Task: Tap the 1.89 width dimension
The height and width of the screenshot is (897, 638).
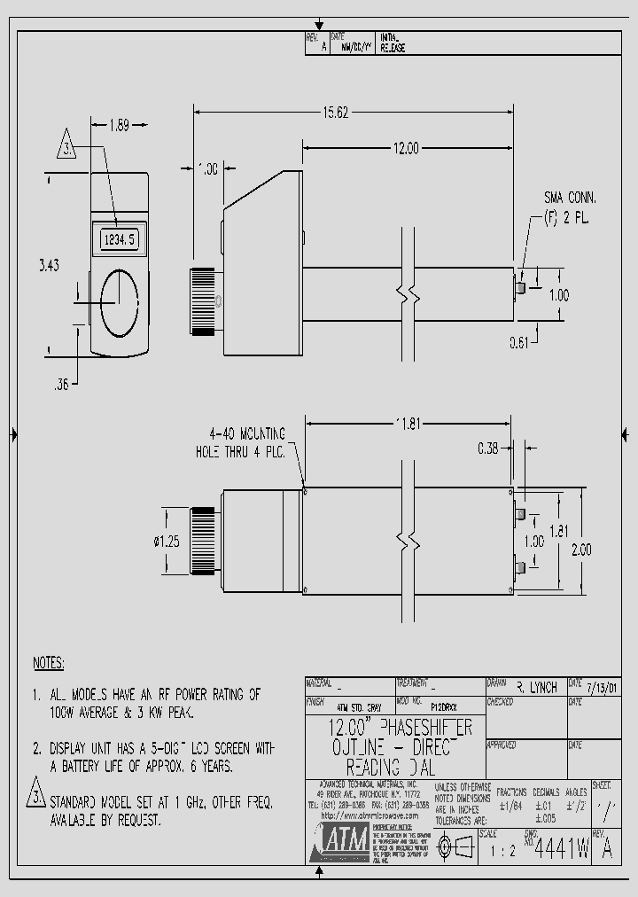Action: point(118,125)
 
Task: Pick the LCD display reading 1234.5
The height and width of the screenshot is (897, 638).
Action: point(119,238)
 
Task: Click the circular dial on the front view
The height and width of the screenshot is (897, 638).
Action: point(119,302)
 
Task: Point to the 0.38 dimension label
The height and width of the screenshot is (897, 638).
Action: point(486,448)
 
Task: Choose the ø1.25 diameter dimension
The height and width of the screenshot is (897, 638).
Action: point(167,542)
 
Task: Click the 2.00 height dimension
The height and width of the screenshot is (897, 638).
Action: point(580,550)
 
